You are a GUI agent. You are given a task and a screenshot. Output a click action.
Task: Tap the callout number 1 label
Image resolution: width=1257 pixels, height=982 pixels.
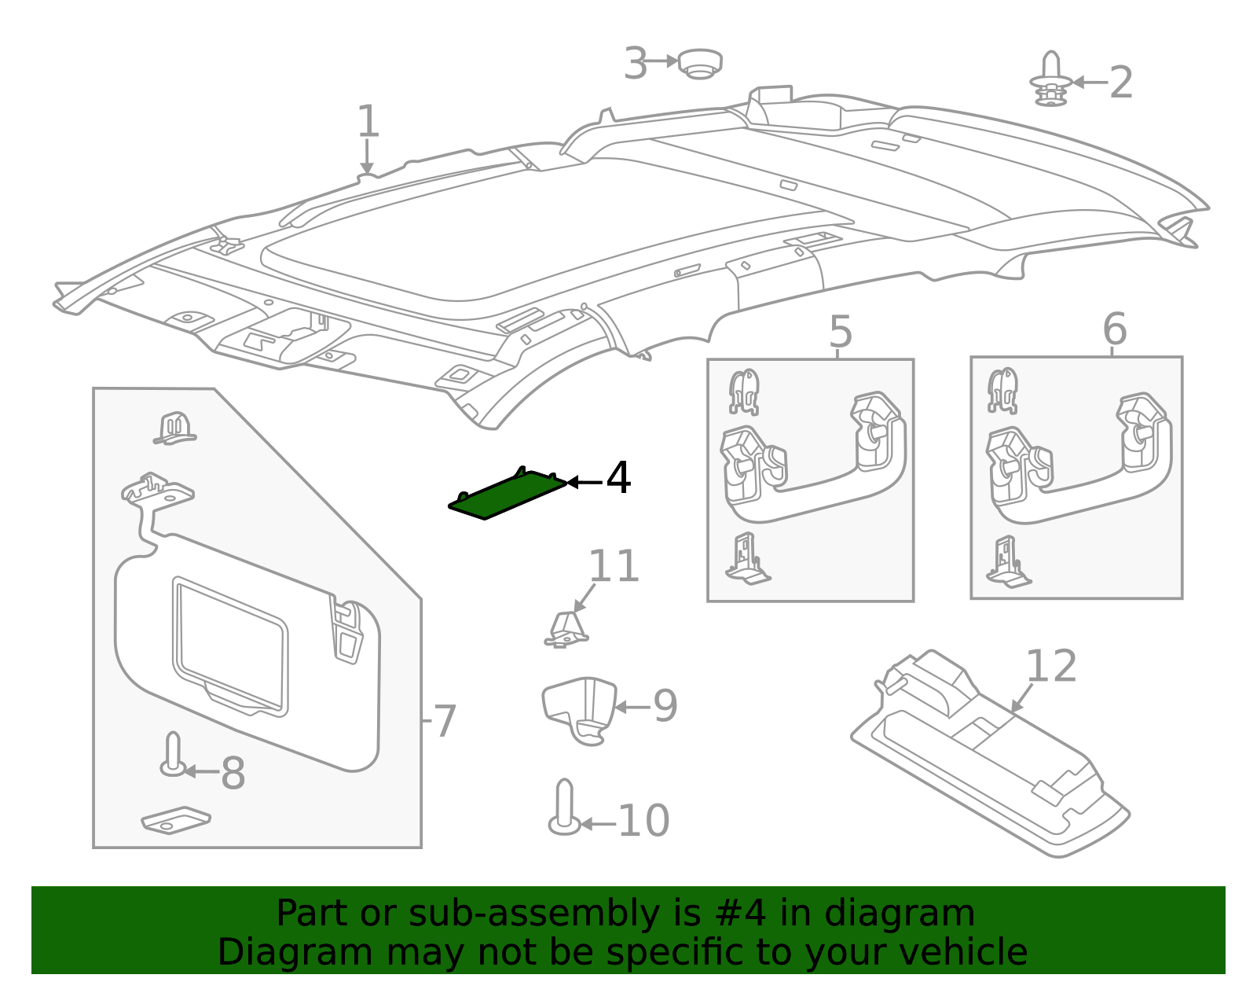point(368,123)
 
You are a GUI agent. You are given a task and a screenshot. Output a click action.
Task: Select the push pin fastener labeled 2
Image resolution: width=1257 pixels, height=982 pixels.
point(1051,80)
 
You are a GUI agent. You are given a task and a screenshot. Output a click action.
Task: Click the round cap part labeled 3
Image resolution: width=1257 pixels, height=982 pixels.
point(699,63)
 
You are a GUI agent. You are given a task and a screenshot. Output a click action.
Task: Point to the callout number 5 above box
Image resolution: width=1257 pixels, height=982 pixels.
point(840,332)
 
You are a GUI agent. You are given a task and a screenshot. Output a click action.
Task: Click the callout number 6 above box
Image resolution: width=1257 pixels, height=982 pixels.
point(1114,329)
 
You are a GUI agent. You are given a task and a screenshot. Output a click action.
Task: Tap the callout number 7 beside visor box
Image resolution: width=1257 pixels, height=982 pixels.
point(445,720)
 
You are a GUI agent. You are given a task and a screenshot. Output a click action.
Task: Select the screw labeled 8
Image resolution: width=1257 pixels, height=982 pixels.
point(173,755)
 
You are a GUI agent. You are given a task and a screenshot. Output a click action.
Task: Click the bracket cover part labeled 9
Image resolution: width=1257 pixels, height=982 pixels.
point(580,708)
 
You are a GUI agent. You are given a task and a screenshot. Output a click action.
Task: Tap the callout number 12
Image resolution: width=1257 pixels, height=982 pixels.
point(1050,667)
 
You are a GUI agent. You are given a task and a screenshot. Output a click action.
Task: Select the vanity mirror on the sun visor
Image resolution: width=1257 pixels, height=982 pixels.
point(230,645)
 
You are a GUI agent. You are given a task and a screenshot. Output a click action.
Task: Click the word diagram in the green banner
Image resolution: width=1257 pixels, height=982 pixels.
point(899,914)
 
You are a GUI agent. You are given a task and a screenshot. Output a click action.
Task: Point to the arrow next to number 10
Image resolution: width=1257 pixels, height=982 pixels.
point(597,824)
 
